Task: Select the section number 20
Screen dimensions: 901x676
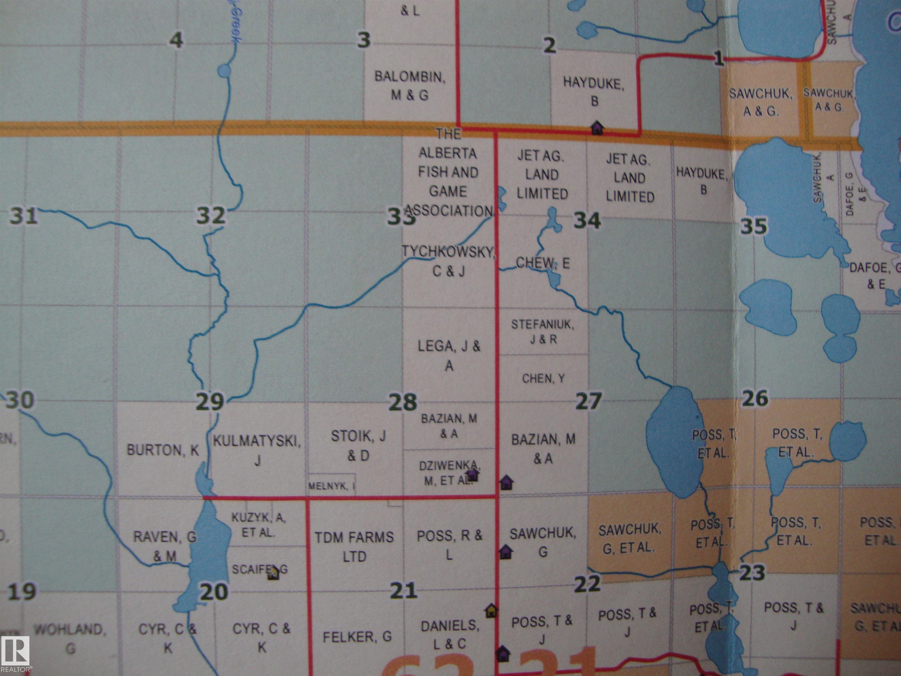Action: pyautogui.click(x=214, y=592)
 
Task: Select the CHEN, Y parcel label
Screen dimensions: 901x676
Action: pyautogui.click(x=543, y=378)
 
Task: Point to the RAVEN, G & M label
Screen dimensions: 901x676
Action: pyautogui.click(x=165, y=546)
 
